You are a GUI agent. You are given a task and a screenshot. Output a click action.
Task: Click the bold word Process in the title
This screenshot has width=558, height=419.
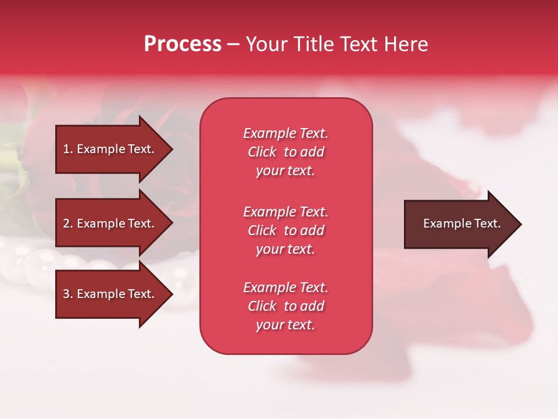183,44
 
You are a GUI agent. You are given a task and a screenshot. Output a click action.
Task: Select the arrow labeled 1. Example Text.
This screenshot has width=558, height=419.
110,149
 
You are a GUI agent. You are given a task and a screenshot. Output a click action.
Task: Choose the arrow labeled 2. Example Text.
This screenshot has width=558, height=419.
110,223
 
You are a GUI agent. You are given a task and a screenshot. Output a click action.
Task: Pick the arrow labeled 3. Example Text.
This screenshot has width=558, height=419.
110,294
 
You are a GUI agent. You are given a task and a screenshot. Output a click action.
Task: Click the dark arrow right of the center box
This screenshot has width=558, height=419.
459,224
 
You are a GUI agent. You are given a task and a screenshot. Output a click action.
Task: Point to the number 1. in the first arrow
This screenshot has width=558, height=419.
68,149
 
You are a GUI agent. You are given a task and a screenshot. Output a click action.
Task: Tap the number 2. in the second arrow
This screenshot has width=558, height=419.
68,223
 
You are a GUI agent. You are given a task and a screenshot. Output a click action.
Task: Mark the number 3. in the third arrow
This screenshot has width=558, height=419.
68,294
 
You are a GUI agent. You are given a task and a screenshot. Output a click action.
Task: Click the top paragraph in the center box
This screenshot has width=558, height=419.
285,152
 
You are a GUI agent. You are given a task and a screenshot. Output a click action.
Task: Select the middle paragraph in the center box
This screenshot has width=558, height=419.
285,230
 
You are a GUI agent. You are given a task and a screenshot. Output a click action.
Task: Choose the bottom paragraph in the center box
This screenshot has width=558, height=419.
285,306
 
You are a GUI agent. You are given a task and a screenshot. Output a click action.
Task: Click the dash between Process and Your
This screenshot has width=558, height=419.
234,44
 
